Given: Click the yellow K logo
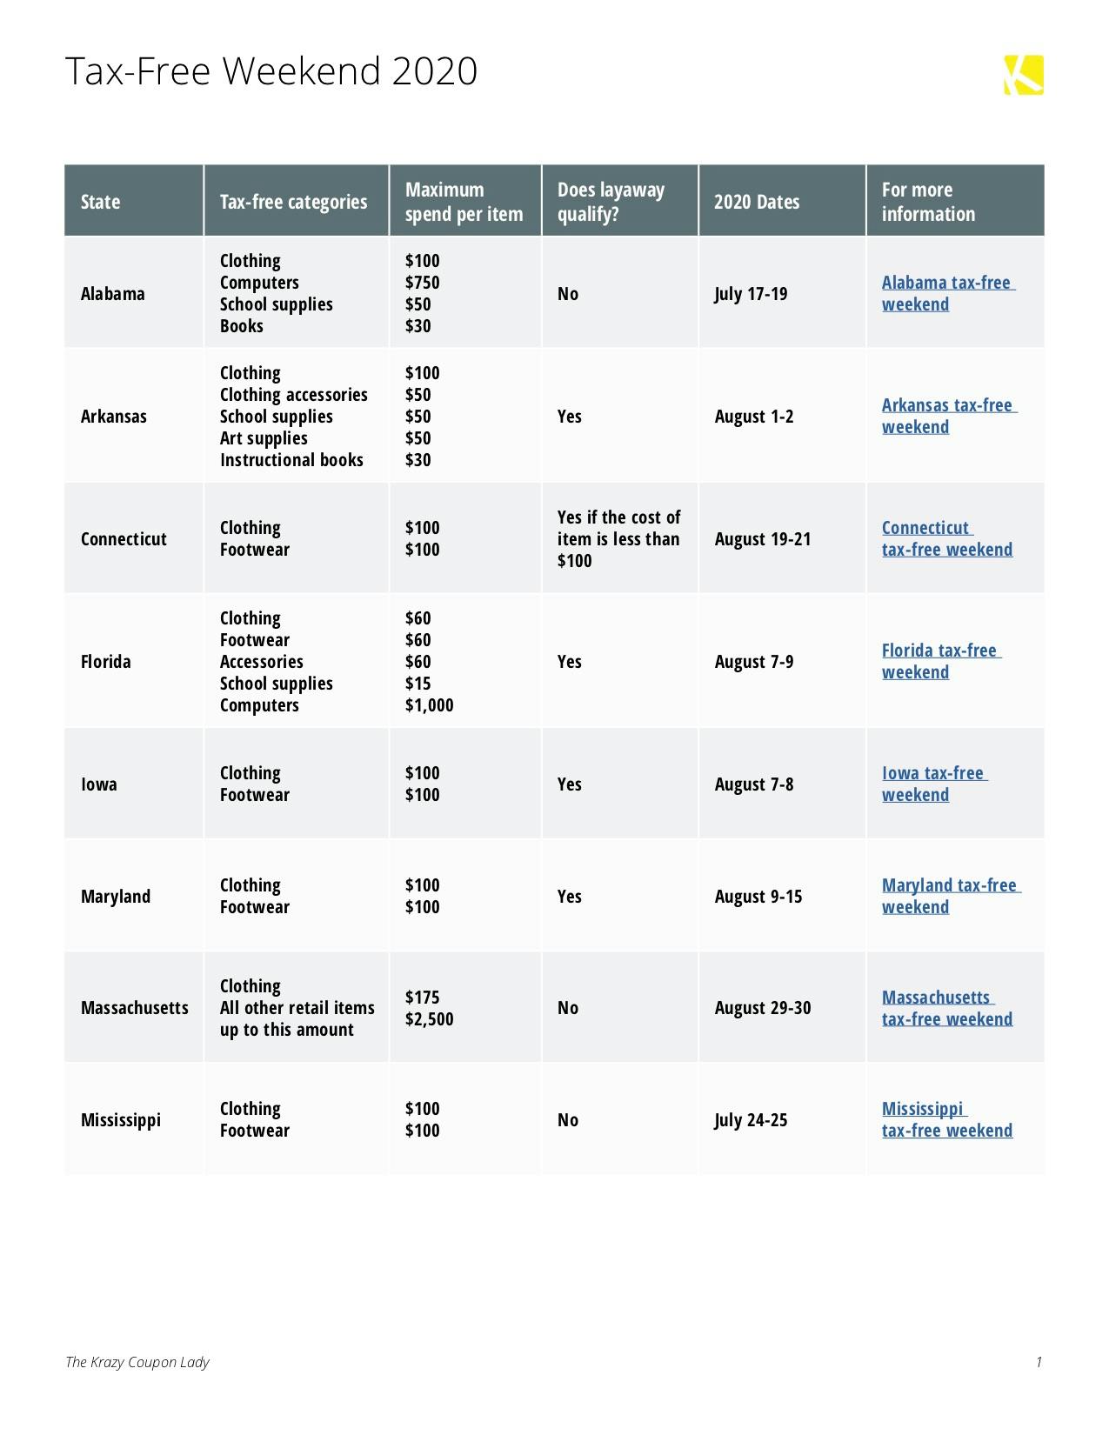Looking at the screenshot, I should click(x=1024, y=75).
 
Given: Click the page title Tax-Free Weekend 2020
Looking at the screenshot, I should click(x=271, y=71).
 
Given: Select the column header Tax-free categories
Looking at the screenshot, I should click(x=293, y=202).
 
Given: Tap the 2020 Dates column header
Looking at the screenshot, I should click(x=756, y=202).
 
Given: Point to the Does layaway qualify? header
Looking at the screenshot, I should click(x=611, y=202).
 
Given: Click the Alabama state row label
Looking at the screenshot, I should click(x=112, y=294).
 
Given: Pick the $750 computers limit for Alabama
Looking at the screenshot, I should click(x=422, y=283).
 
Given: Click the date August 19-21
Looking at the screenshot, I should click(x=762, y=539).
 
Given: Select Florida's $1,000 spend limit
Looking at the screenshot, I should click(x=429, y=705).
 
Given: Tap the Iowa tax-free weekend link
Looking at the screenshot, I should click(x=932, y=784).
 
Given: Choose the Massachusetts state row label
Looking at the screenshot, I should click(x=134, y=1008).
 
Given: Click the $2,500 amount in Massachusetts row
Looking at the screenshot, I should click(x=429, y=1019).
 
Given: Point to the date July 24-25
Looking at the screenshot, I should click(x=751, y=1120).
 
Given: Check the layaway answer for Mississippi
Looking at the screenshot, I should click(x=567, y=1120).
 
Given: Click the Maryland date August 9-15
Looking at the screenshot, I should click(x=758, y=897).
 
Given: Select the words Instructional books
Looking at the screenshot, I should click(x=291, y=460).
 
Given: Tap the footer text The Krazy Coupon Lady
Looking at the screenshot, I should click(x=137, y=1362).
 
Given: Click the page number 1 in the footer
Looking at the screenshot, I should click(x=1039, y=1362).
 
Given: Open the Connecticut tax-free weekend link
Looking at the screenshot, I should click(x=946, y=538).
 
